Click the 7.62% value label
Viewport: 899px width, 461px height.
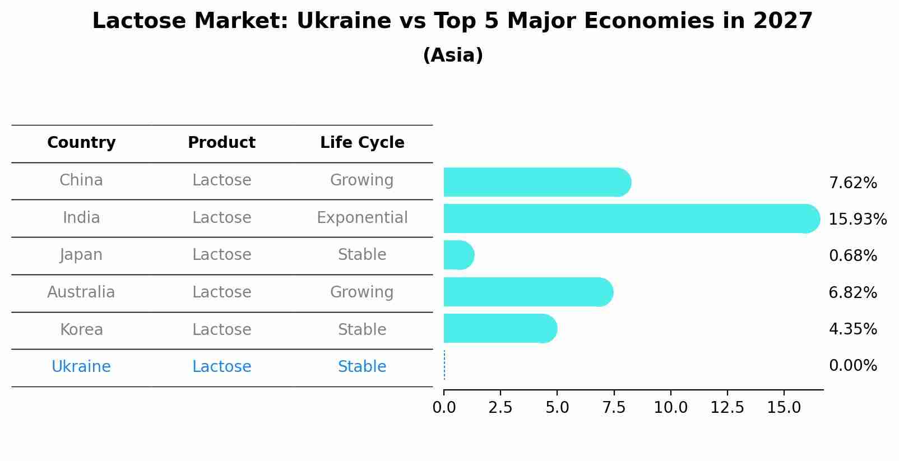click(852, 183)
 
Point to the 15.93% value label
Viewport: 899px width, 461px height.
click(857, 220)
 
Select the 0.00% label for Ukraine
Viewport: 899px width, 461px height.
click(852, 366)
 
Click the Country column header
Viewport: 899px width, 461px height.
click(81, 143)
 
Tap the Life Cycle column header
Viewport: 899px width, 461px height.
click(362, 143)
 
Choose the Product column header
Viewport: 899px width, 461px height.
click(221, 143)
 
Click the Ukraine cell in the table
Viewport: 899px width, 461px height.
click(81, 367)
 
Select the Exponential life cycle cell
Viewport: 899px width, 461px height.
click(362, 218)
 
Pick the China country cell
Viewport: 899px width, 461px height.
click(81, 180)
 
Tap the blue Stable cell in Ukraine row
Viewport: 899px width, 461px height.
click(362, 367)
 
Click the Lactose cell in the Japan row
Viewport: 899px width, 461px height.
click(221, 255)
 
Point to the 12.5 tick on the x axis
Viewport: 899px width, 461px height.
click(727, 408)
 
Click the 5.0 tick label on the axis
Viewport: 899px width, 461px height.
click(557, 408)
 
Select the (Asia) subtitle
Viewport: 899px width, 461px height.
click(453, 55)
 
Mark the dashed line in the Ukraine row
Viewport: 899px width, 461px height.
click(444, 365)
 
